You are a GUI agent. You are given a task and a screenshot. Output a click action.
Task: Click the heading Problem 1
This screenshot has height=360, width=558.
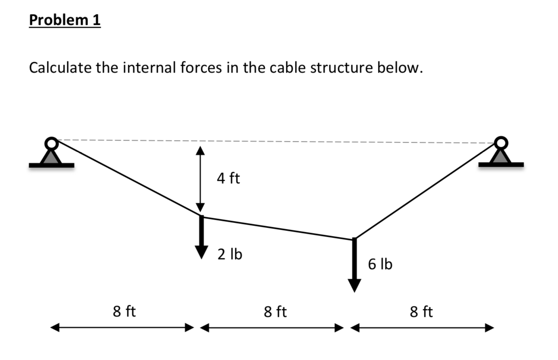coord(65,19)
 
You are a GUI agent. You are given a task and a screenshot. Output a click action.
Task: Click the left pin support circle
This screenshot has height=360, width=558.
coord(51,144)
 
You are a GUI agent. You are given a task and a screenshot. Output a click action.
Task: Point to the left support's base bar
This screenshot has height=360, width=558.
coord(51,165)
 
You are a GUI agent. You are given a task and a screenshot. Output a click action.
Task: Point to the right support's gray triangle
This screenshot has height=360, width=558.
coord(501,157)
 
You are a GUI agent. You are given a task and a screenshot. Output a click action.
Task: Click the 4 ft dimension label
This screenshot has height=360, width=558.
coord(228,179)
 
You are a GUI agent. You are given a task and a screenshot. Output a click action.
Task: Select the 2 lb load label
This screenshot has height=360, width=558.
coord(230,254)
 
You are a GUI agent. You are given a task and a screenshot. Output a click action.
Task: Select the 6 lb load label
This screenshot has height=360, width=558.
coord(380,264)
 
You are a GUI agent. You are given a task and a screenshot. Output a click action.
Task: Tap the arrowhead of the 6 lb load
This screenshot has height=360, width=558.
coord(354,286)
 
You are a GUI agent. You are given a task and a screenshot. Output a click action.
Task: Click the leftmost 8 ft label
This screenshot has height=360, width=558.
coord(124,311)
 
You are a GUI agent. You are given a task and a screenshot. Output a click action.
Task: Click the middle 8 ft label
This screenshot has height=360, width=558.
coord(275,311)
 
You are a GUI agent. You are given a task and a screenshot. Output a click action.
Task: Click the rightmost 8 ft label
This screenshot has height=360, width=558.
coord(421,311)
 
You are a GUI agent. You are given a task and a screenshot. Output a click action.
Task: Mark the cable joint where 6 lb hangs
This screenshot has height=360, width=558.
coord(354,239)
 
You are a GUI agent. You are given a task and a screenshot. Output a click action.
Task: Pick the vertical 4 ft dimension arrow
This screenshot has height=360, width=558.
coord(200,179)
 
